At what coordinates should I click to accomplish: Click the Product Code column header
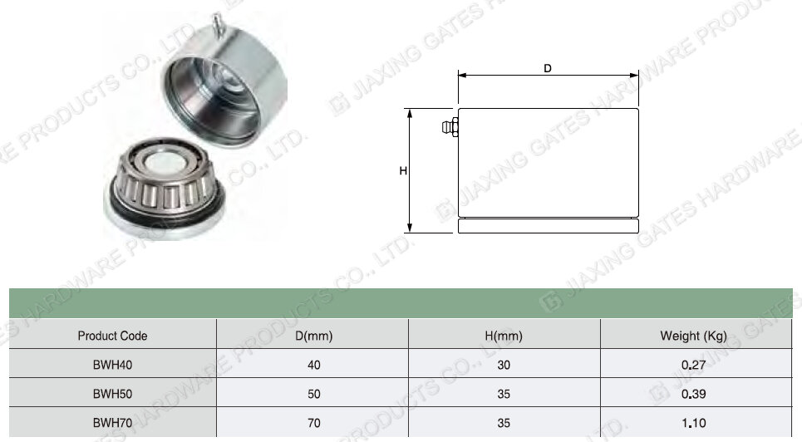click(112, 336)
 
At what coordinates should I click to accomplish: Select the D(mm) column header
click(314, 336)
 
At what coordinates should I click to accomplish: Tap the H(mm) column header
click(504, 336)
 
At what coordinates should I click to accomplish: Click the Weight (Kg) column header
click(694, 336)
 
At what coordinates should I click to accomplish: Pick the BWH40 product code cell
click(112, 365)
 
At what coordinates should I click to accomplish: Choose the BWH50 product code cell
click(112, 394)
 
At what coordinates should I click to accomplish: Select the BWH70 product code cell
click(112, 423)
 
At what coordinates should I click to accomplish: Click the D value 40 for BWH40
click(314, 365)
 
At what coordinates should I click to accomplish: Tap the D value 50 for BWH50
click(314, 394)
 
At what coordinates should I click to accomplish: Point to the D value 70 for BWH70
click(314, 423)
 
